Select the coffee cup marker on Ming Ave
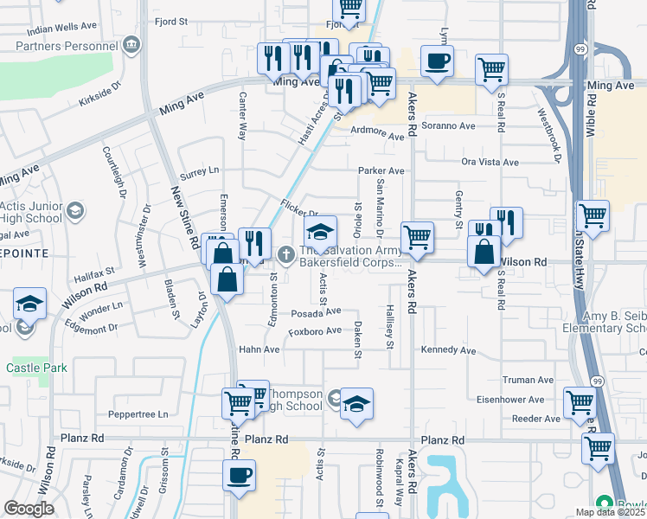(x=437, y=61)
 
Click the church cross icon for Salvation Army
(x=287, y=253)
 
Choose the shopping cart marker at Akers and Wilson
(x=418, y=237)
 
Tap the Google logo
(x=29, y=509)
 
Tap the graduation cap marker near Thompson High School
(x=356, y=404)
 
